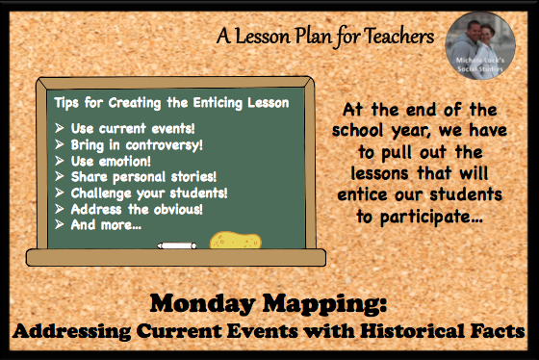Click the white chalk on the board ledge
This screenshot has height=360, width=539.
[177, 245]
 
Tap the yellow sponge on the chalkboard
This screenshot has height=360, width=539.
[236, 241]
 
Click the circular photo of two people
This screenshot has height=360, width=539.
[480, 45]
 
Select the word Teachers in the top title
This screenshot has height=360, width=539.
[399, 37]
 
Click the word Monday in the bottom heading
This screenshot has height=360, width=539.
[202, 303]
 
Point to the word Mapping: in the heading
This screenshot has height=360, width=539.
[324, 304]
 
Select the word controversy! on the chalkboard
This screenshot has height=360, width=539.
[165, 145]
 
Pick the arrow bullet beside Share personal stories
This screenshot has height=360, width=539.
[60, 176]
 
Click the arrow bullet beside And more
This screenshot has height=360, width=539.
[60, 224]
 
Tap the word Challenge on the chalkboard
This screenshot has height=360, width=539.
[101, 193]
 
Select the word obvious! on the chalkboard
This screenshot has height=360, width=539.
[178, 209]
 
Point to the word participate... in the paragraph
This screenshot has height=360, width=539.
[431, 218]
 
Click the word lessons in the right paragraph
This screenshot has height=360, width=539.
[379, 173]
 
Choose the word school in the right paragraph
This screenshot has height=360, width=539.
[357, 130]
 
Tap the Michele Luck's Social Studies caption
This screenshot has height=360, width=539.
[480, 64]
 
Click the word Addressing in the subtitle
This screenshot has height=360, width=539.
[72, 331]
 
